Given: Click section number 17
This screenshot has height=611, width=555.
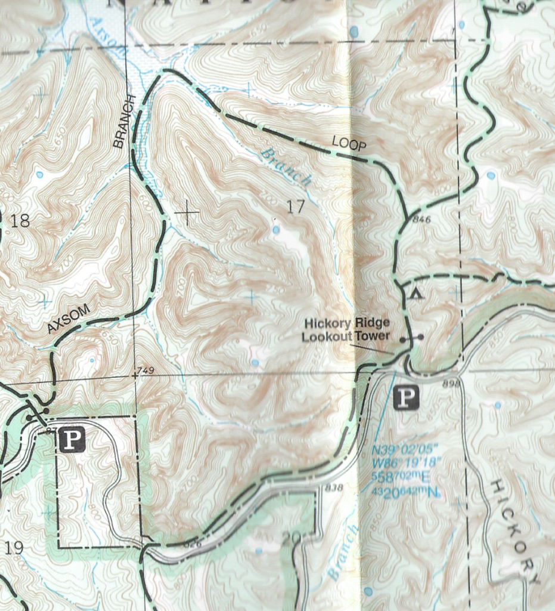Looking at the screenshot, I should [295, 207].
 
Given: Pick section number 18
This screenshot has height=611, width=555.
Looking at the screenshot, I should [20, 221].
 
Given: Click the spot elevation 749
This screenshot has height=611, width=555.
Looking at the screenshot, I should [145, 371].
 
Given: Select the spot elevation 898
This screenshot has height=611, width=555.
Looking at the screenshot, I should [452, 384].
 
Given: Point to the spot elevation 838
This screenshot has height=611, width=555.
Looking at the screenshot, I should [335, 487].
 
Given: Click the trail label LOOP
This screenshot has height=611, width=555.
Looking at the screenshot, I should [348, 144].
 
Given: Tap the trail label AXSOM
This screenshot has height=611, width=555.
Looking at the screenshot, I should [69, 319].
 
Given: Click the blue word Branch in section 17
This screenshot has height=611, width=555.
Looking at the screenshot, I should [286, 168].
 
